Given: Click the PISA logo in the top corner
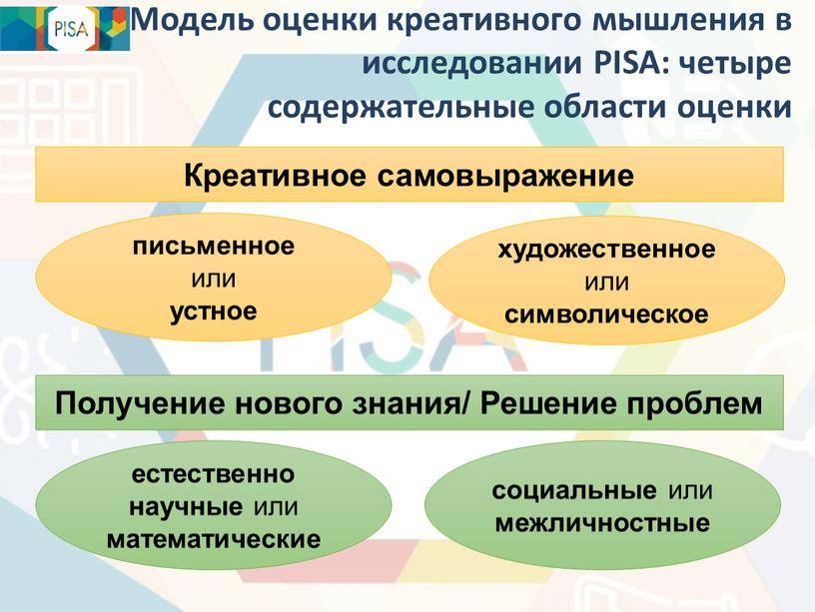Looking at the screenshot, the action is (x=65, y=28).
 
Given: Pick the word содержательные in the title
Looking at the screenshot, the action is (x=402, y=108).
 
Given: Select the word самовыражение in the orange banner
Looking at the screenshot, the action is (x=505, y=177).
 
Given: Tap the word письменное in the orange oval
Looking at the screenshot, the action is (x=214, y=246).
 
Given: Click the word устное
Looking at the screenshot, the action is (x=214, y=311).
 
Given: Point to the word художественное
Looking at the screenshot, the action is (x=607, y=250).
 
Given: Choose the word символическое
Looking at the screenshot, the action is (x=606, y=314).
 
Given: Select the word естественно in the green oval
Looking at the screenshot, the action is (x=213, y=474).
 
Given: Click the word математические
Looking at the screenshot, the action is (x=214, y=539).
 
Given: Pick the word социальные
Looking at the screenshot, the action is (x=574, y=491).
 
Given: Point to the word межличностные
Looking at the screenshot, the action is (x=602, y=523).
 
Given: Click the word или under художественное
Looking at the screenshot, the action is (x=607, y=284).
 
